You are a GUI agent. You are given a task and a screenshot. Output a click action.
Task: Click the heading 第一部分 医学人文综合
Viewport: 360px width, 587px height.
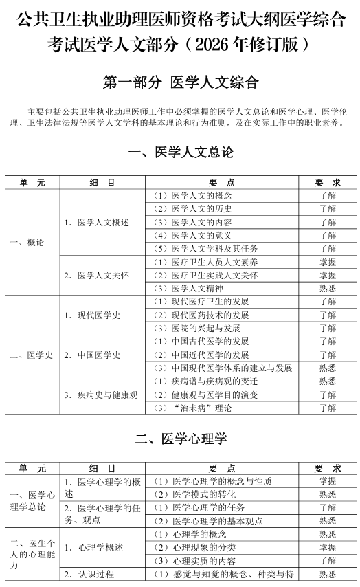pyautogui.click(x=181, y=82)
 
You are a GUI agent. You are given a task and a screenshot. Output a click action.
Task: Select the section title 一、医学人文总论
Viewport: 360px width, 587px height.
pyautogui.click(x=181, y=152)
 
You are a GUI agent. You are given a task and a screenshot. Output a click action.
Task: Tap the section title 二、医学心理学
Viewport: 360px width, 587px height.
pyautogui.click(x=181, y=438)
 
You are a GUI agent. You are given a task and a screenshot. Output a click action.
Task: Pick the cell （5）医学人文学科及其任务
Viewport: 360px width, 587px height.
pyautogui.click(x=205, y=248)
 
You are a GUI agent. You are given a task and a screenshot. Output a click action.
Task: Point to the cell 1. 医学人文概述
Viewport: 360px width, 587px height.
pyautogui.click(x=97, y=222)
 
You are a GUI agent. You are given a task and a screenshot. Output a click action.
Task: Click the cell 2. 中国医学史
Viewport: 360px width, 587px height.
pyautogui.click(x=93, y=355)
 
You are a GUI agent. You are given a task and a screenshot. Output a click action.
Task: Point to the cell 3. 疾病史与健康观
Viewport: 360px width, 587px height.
pyautogui.click(x=101, y=395)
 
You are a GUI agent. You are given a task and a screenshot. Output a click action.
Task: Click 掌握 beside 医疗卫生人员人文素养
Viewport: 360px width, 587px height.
pyautogui.click(x=327, y=262)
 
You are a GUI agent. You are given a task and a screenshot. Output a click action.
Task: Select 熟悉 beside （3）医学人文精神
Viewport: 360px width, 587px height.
pyautogui.click(x=327, y=289)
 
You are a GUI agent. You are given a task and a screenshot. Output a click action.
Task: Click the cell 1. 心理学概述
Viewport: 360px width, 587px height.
pyautogui.click(x=93, y=547)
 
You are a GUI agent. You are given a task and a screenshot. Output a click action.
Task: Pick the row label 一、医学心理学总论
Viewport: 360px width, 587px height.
pyautogui.click(x=32, y=500)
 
